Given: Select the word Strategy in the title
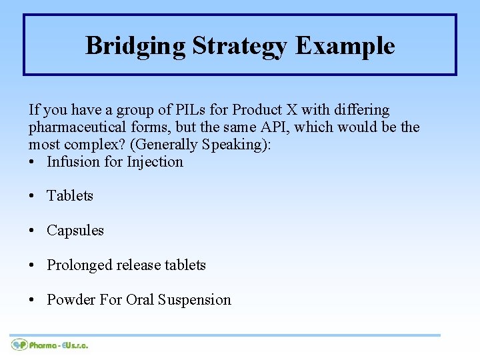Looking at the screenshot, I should pos(240,46).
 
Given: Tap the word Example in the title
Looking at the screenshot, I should pos(345,46).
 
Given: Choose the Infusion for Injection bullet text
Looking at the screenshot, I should pos(115,161).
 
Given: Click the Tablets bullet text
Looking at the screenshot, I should pos(70,196).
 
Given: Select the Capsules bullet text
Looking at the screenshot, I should pos(75,231).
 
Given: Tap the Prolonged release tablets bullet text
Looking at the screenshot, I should pos(126,265).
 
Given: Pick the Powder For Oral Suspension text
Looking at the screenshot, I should pos(139,300).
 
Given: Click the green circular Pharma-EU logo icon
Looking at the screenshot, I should pos(19,345).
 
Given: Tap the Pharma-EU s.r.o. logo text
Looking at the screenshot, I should pos(59,345).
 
